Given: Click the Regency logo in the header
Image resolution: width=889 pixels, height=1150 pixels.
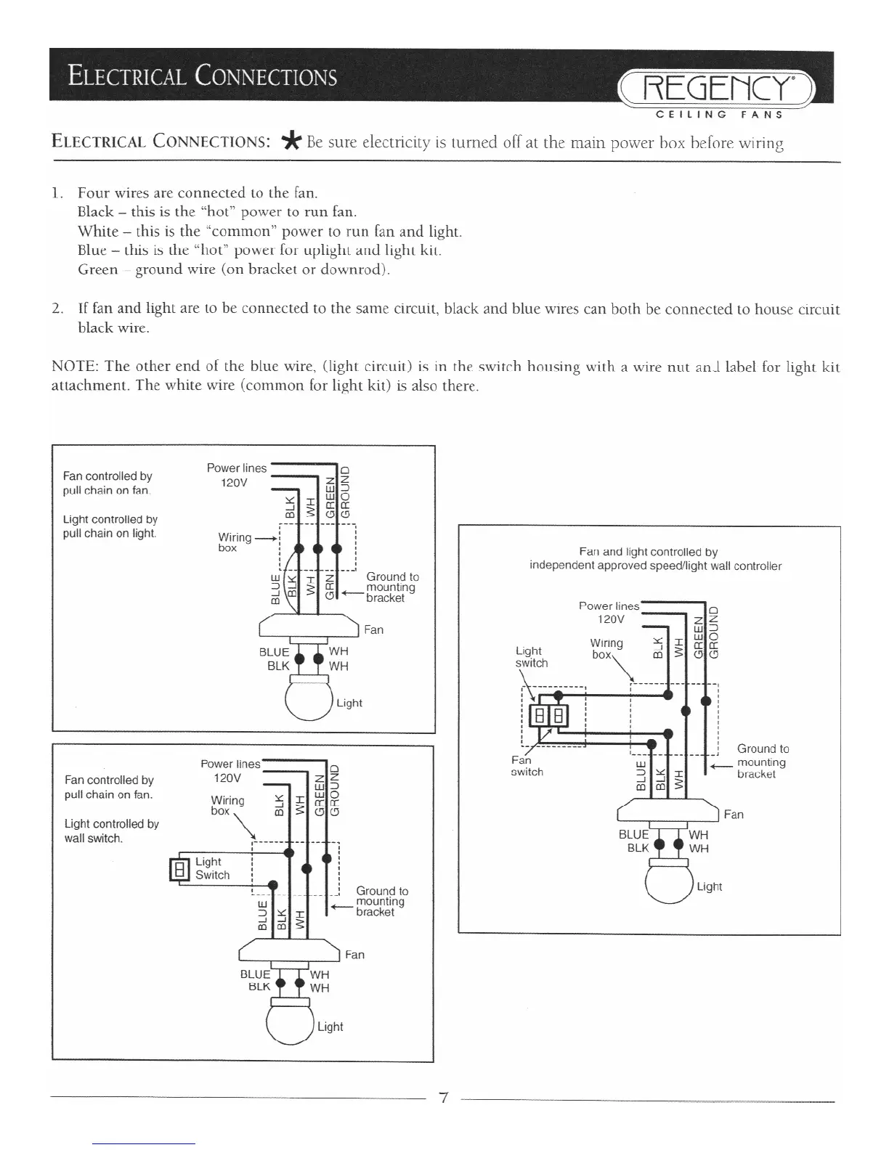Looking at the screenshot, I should pyautogui.click(x=715, y=89).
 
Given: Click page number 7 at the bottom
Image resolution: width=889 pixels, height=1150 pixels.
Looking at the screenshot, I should pyautogui.click(x=442, y=1098).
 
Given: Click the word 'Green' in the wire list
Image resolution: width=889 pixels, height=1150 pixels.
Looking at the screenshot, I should pyautogui.click(x=97, y=269).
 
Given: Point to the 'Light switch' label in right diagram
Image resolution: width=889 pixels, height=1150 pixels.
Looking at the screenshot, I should pyautogui.click(x=531, y=657).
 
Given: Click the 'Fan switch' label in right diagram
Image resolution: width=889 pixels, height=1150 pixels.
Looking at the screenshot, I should pyautogui.click(x=526, y=766).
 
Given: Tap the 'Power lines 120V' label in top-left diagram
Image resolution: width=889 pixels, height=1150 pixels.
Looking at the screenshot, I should pyautogui.click(x=236, y=476).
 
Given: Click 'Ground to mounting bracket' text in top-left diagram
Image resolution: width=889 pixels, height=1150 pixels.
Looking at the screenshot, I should pyautogui.click(x=391, y=587).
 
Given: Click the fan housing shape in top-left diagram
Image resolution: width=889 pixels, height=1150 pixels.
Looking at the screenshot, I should pyautogui.click(x=309, y=624).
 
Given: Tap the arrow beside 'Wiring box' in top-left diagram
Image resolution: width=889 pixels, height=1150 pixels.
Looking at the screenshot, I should pyautogui.click(x=267, y=538).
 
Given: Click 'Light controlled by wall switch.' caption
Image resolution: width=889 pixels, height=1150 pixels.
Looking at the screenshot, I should pyautogui.click(x=111, y=831).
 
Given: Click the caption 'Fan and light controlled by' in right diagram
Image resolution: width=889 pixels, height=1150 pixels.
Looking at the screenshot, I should pyautogui.click(x=648, y=552).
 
